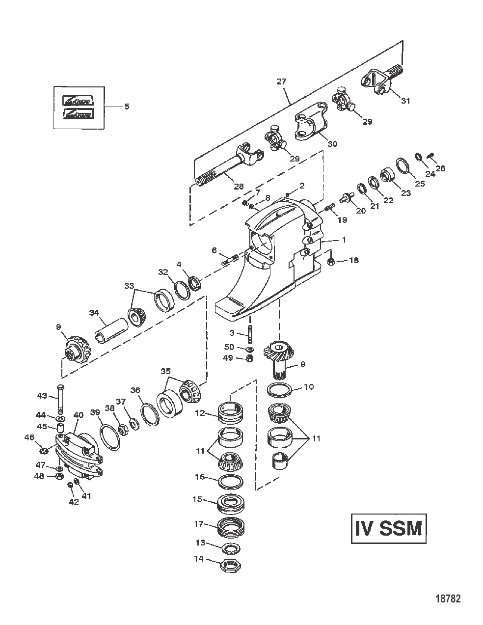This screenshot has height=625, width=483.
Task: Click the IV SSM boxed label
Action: (388, 529)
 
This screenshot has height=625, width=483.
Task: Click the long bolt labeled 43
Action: (60, 398)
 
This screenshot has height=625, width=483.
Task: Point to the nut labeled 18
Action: (331, 261)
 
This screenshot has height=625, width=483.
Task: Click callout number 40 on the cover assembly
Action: (78, 415)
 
